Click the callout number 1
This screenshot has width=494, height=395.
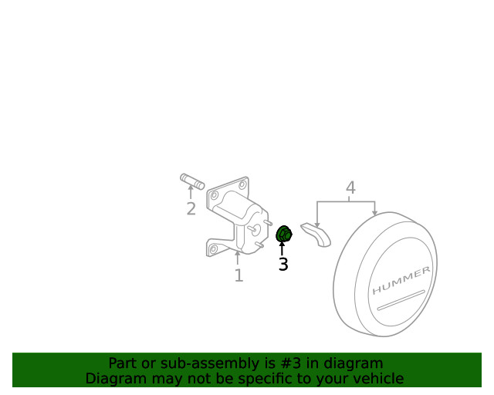239,275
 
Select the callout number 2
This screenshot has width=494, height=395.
191,209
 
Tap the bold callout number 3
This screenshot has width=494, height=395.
283,265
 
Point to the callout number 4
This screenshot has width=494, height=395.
350,187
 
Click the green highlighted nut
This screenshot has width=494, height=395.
283,233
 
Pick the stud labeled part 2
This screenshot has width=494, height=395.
191,182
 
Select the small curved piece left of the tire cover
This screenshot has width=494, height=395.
316,234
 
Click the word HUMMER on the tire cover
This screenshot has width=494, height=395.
401,282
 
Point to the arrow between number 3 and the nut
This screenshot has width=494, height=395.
283,248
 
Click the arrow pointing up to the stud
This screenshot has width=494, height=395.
191,194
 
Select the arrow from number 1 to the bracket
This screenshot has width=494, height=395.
239,258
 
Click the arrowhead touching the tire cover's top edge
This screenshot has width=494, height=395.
375,213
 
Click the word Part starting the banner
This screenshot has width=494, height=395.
123,363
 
